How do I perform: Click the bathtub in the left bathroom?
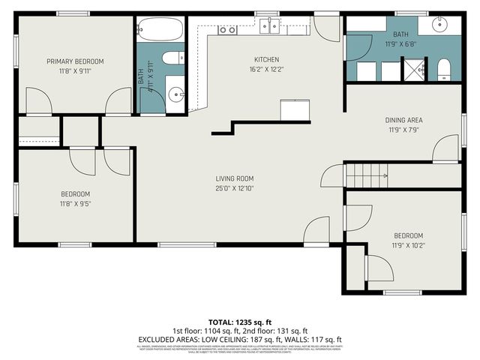click(x=160, y=31)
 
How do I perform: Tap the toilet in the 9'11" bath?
click(x=172, y=58)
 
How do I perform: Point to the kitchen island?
click(x=295, y=109)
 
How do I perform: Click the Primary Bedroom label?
click(x=75, y=61)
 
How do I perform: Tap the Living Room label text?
click(x=235, y=178)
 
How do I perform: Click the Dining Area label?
click(x=403, y=119)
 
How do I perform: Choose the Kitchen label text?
click(x=266, y=60)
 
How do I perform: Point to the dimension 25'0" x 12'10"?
click(x=235, y=187)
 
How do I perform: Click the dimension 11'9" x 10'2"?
click(x=407, y=245)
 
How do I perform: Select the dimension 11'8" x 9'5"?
click(x=75, y=203)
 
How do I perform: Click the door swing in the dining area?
click(x=446, y=148)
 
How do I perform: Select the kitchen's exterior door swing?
click(x=326, y=28)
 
